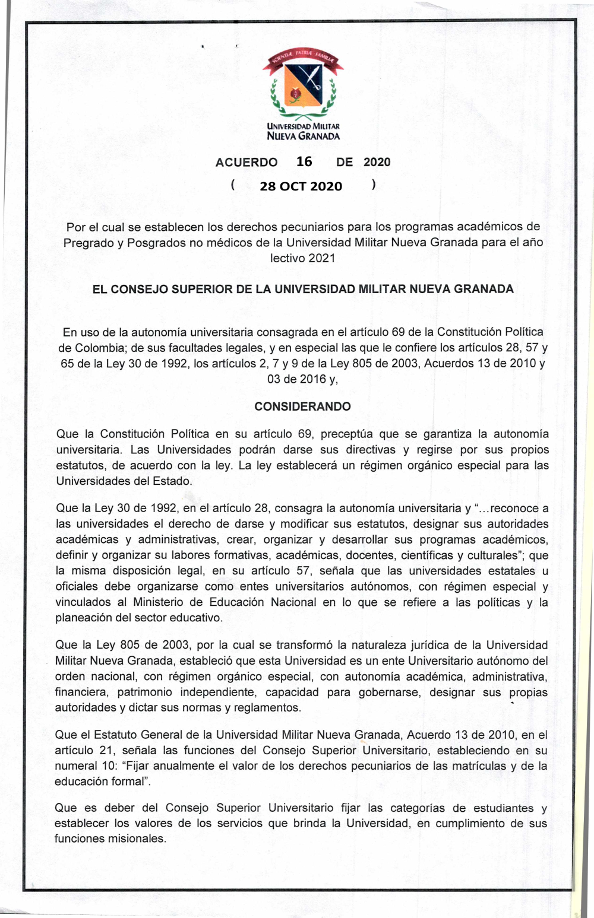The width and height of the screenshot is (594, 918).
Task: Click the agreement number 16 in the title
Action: point(304,161)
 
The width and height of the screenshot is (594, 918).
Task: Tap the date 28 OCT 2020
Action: point(301,186)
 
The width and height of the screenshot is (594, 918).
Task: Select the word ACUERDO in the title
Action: point(247,163)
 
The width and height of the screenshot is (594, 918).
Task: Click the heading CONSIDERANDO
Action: point(302,406)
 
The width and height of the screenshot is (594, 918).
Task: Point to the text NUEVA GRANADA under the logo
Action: point(303,136)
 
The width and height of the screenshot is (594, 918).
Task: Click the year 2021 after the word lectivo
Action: point(322,258)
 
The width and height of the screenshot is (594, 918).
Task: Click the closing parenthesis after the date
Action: point(373,185)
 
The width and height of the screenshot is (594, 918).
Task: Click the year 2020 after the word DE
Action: point(377,163)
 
